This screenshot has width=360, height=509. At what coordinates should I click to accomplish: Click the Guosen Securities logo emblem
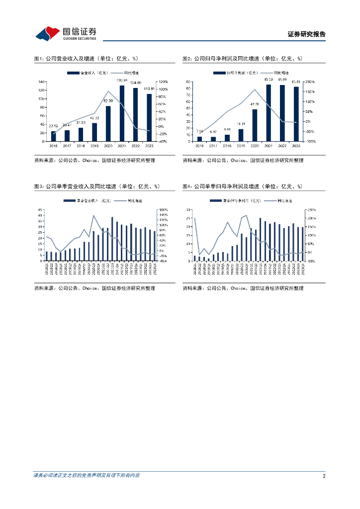(47, 33)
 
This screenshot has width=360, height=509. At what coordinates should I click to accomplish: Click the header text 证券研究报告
(306, 34)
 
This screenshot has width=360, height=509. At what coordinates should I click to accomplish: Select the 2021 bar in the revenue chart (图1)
(122, 113)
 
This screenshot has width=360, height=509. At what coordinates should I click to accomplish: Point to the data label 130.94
(122, 81)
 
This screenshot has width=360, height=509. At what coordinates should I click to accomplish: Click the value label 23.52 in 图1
(54, 126)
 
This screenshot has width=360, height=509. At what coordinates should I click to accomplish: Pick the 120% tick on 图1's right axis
(163, 82)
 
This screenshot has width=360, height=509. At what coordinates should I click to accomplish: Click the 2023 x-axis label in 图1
(149, 146)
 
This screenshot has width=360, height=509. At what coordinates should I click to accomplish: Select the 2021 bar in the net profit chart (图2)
(269, 113)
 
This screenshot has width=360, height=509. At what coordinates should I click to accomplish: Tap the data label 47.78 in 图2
(255, 104)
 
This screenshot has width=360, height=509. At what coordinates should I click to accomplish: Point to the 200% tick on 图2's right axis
(310, 82)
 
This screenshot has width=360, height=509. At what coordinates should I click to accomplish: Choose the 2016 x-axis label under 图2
(199, 146)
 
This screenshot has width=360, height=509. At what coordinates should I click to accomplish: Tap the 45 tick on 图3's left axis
(40, 210)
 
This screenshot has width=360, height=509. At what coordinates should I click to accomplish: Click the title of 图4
(242, 186)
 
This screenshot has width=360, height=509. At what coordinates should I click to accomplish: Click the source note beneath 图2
(243, 160)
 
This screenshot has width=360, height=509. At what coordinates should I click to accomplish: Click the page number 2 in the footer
(324, 476)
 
